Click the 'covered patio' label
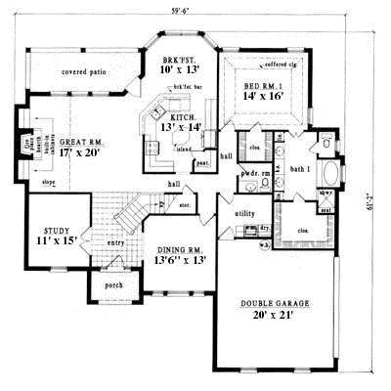click(x=83, y=72)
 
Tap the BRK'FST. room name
click(x=179, y=60)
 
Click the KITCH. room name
click(x=179, y=115)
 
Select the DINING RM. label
click(x=178, y=250)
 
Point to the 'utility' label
click(x=245, y=212)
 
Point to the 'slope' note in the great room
click(x=48, y=182)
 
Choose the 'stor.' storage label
click(x=185, y=205)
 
